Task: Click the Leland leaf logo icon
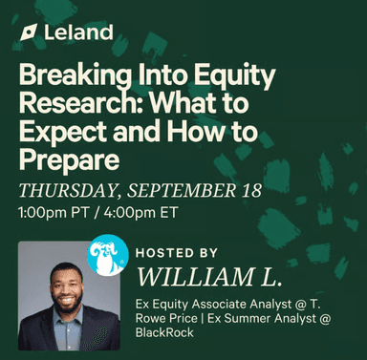(x=29, y=35)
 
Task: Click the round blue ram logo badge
(x=107, y=254)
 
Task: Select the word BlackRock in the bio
(x=165, y=332)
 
